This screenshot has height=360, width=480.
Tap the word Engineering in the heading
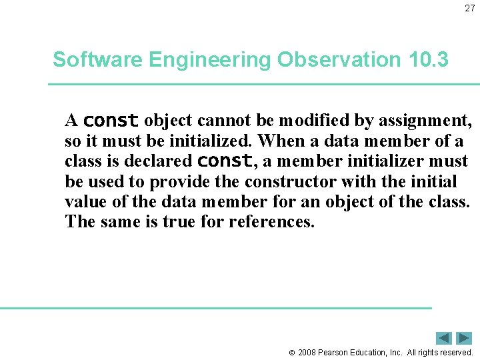click(210, 60)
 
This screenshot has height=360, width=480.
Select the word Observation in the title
click(338, 59)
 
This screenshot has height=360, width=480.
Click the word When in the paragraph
click(279, 141)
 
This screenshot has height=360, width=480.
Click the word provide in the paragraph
click(178, 182)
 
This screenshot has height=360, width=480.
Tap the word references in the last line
click(271, 222)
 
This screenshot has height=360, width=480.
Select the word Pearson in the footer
click(334, 352)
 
